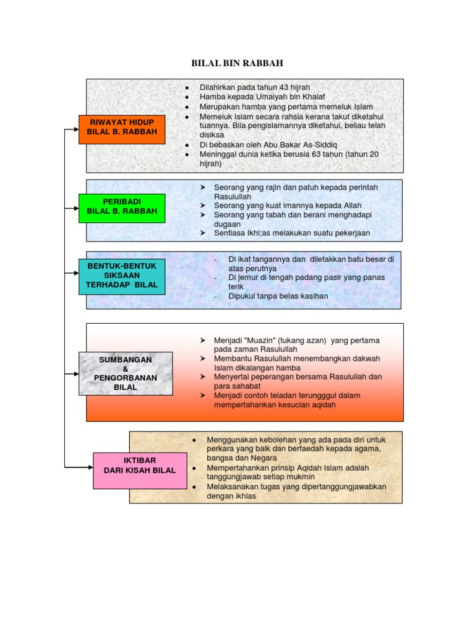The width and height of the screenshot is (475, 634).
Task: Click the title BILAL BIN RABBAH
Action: coord(237,63)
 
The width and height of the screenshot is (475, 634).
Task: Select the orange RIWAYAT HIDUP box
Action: coord(122,129)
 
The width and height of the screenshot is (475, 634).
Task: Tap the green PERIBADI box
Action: coord(122,208)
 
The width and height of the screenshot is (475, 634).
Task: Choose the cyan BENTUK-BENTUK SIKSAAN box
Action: coord(122,276)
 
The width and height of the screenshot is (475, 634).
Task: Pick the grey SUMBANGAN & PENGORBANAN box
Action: coord(125,373)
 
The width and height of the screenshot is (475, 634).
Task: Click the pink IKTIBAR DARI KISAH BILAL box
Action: coord(140,466)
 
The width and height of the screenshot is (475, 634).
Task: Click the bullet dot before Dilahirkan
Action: coord(186,87)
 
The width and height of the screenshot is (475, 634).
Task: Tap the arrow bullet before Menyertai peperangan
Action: coord(202,377)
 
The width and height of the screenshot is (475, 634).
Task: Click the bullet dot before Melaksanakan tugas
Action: coord(194,487)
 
